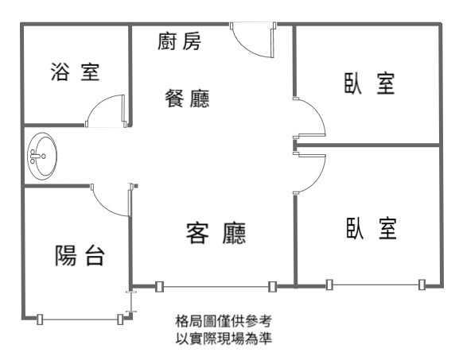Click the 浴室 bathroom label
coord(76,72)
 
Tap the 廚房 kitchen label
coord(180,41)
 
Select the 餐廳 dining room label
coord(188,99)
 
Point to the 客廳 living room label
coord(216,233)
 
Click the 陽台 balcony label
coord(80,256)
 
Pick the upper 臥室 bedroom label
coord(369,83)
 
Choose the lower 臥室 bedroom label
coord(371,228)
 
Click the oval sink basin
coord(42,157)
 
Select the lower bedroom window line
coord(375,285)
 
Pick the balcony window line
coord(80,319)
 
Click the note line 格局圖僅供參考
coord(224,321)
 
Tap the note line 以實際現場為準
coord(224,339)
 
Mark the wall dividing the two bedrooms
coord(368,145)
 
